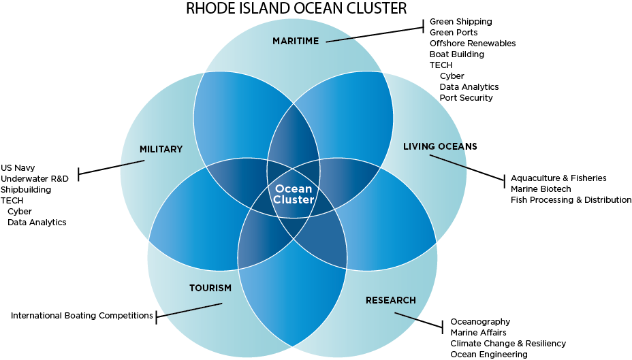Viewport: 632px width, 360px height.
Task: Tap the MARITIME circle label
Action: (x=296, y=42)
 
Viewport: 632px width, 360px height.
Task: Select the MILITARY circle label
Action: (x=161, y=149)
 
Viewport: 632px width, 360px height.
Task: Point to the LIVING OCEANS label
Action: (x=440, y=146)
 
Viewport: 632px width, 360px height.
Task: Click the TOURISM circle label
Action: (x=210, y=288)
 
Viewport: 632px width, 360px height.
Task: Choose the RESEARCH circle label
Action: (x=390, y=300)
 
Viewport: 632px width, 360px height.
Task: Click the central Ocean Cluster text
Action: (x=294, y=195)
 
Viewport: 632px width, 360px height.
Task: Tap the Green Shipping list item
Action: (x=460, y=22)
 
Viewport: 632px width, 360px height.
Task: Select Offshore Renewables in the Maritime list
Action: (x=472, y=44)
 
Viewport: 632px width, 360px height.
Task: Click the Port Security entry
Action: (x=466, y=98)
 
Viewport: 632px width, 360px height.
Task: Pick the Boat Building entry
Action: (x=456, y=54)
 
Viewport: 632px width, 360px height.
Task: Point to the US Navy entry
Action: (x=18, y=167)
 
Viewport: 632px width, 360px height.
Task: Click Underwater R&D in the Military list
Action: (x=35, y=178)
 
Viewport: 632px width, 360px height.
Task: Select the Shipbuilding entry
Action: (x=26, y=189)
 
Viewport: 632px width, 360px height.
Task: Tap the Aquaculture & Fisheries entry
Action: (x=558, y=178)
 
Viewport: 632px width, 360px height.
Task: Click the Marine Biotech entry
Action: (x=541, y=189)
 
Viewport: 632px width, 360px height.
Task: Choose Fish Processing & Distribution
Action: (x=571, y=200)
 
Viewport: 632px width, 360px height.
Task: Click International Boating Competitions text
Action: (x=82, y=316)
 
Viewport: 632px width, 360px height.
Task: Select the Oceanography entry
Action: (x=479, y=322)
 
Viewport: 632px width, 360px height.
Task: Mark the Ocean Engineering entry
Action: (x=488, y=355)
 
